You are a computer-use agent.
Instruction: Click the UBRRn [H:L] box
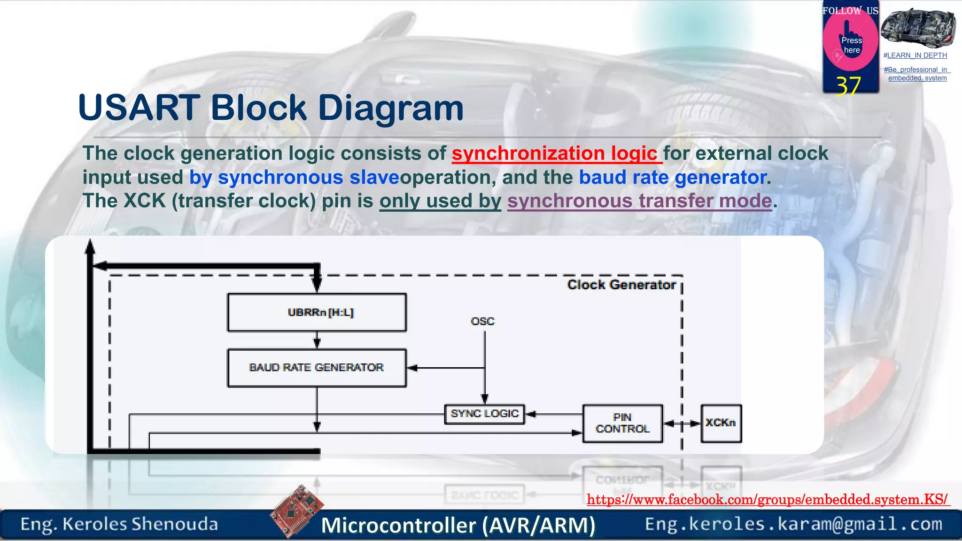click(x=317, y=313)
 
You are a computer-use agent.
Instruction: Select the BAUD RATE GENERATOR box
click(x=317, y=368)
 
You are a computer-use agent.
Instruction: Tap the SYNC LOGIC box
click(x=484, y=414)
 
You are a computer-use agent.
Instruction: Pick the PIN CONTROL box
click(x=622, y=423)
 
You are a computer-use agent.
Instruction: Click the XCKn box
click(x=721, y=423)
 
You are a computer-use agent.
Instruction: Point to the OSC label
click(x=482, y=321)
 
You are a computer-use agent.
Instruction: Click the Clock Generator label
click(x=621, y=285)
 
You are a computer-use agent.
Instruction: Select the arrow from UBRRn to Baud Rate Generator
click(x=317, y=340)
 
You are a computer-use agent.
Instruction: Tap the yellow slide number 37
click(x=848, y=86)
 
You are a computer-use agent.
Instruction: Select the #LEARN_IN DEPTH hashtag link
click(x=915, y=55)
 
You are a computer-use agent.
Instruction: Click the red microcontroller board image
click(x=297, y=511)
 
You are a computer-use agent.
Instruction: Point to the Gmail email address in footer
click(x=793, y=524)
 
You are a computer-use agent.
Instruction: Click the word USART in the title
click(x=139, y=108)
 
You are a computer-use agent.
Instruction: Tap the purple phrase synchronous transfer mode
click(x=639, y=201)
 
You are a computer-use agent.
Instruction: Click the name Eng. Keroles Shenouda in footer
click(x=119, y=524)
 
